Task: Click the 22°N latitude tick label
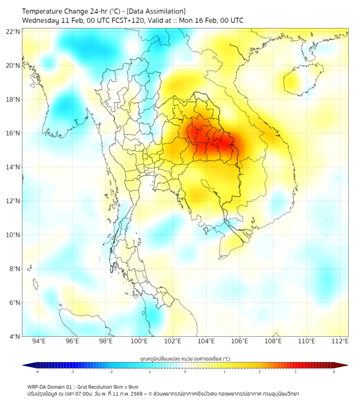[13, 31]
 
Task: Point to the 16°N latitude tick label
[13, 133]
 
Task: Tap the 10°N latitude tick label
[13, 235]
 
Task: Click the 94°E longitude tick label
[39, 341]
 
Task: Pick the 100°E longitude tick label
[140, 341]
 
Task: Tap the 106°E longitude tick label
[240, 341]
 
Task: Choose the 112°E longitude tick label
[340, 341]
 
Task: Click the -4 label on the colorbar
[37, 372]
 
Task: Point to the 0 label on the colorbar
[185, 372]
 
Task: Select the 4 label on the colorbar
[334, 372]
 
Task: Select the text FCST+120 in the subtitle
[121, 20]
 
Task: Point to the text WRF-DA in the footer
[37, 387]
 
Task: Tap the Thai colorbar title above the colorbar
[185, 358]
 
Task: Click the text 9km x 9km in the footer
[126, 387]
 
